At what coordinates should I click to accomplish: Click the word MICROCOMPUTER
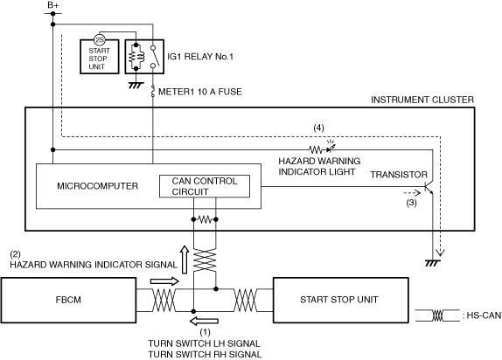click(x=98, y=186)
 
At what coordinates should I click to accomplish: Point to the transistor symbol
click(x=429, y=188)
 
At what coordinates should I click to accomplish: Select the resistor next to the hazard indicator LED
click(x=315, y=149)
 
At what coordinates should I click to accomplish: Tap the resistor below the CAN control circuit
click(x=205, y=219)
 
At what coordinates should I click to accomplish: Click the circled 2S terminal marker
click(x=99, y=39)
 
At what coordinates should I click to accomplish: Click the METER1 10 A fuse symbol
click(x=153, y=91)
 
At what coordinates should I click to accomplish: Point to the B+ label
click(x=52, y=5)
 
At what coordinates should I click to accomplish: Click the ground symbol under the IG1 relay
click(x=136, y=86)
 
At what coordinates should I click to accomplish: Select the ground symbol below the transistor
click(x=433, y=263)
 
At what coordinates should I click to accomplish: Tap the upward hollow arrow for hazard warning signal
click(x=185, y=260)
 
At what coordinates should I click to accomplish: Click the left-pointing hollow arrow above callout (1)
click(x=204, y=321)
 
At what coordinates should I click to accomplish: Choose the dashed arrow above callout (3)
click(x=412, y=193)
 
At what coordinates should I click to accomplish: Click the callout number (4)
click(x=318, y=128)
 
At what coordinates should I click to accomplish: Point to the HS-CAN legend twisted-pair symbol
click(x=437, y=315)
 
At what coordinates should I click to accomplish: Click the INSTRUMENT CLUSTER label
click(x=422, y=100)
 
